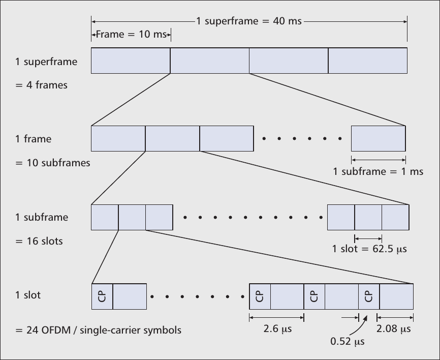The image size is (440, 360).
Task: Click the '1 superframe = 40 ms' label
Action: coord(248,21)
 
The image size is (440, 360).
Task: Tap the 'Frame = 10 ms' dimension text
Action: coord(131,35)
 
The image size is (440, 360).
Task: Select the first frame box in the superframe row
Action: coord(131,61)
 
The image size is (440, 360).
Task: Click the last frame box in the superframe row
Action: coord(368,61)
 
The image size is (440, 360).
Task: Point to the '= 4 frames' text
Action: coord(42,85)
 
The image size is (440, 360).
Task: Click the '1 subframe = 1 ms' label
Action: coord(378,171)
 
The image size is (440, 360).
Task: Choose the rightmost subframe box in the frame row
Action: coord(378,138)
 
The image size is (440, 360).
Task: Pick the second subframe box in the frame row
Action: coord(172,138)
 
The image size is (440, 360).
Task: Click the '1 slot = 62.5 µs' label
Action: coord(369,249)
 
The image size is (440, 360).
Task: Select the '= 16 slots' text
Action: coord(39,241)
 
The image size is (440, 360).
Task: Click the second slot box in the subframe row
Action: coord(132,217)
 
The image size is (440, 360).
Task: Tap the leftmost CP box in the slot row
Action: coord(102,295)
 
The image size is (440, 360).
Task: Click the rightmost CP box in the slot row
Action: coord(369,295)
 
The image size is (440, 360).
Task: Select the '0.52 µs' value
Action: coord(348,341)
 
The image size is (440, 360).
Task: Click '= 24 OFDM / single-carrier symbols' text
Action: coord(98,329)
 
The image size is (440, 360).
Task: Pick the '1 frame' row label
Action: coord(34,138)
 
